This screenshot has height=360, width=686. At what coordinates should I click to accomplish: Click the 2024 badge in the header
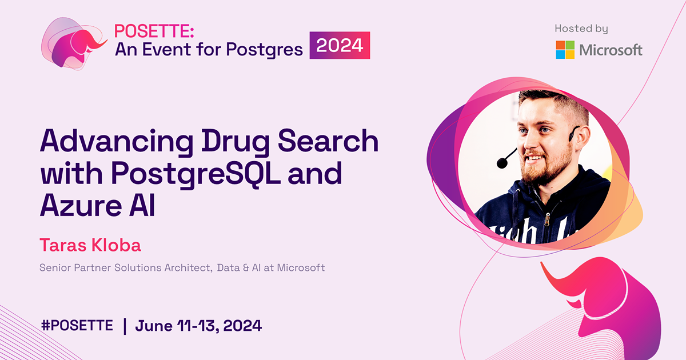pyautogui.click(x=340, y=46)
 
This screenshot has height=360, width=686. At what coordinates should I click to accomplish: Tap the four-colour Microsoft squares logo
pyautogui.click(x=565, y=50)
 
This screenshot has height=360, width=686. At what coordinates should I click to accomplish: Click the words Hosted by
pyautogui.click(x=581, y=29)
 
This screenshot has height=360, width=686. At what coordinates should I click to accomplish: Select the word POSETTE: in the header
pyautogui.click(x=147, y=31)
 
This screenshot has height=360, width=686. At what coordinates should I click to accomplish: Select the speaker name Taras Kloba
pyautogui.click(x=90, y=245)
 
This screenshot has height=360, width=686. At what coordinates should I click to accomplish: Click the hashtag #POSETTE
pyautogui.click(x=77, y=326)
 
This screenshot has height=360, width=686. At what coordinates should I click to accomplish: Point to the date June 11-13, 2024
pyautogui.click(x=198, y=326)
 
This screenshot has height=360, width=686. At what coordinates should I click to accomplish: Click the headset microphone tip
pyautogui.click(x=502, y=163)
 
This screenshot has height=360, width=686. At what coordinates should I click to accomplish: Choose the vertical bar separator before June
pyautogui.click(x=125, y=326)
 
